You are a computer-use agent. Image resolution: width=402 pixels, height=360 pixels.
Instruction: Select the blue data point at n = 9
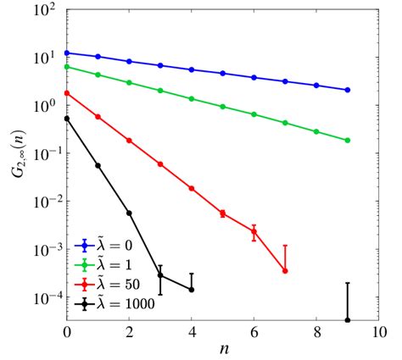tap(348, 90)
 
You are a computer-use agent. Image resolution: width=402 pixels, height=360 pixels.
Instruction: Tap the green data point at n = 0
tap(67, 66)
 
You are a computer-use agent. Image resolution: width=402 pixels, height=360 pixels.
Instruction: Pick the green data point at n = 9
tap(348, 140)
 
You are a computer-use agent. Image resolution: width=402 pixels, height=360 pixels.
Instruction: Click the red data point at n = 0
tap(67, 93)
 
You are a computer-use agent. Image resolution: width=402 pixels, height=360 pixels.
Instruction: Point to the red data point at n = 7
tap(285, 270)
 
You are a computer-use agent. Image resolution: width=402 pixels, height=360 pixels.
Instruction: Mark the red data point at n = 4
tap(192, 188)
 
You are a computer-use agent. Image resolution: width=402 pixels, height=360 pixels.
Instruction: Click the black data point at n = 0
tap(67, 119)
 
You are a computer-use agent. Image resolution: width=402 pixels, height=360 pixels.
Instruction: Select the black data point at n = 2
tap(129, 213)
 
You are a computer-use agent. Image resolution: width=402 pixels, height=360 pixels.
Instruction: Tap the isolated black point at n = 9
tap(348, 319)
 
